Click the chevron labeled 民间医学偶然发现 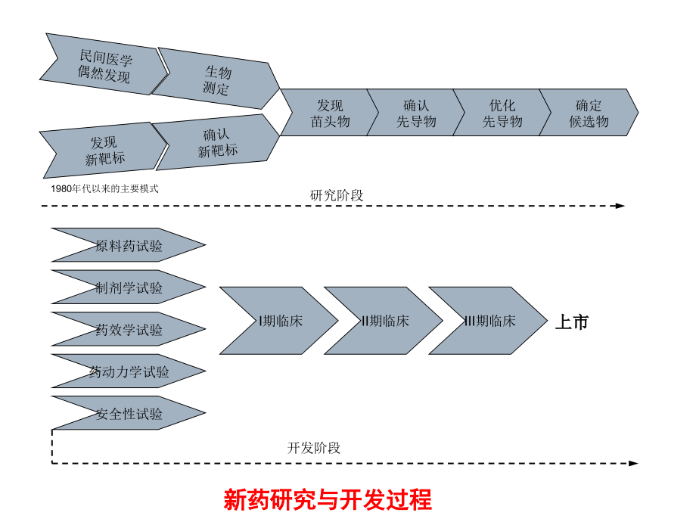[104, 67]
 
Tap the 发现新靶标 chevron [104, 150]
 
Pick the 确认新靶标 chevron [217, 143]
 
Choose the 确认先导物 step [415, 113]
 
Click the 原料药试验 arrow [129, 246]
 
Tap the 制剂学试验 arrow [129, 287]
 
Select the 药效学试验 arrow [129, 330]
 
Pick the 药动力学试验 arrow [129, 371]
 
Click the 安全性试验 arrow [129, 414]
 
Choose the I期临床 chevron [280, 321]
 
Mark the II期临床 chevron [384, 321]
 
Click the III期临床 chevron [489, 321]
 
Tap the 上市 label [571, 322]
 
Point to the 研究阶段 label [337, 195]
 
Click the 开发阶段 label [314, 448]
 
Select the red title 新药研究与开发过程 [328, 500]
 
